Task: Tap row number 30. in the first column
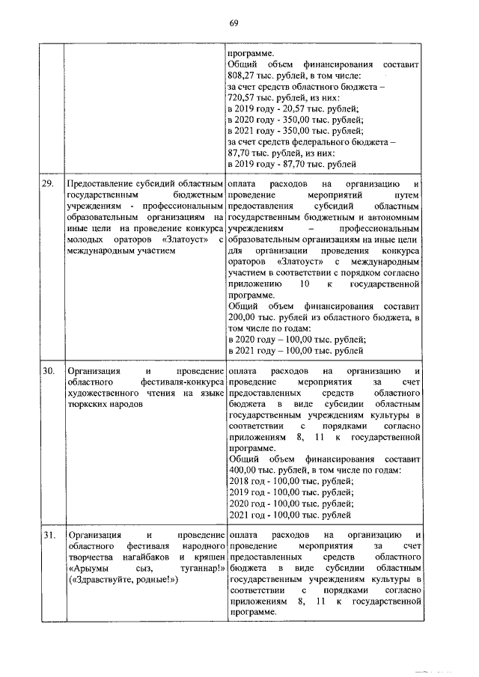coord(48,371)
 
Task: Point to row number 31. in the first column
coord(48,536)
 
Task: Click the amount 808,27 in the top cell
coord(240,76)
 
